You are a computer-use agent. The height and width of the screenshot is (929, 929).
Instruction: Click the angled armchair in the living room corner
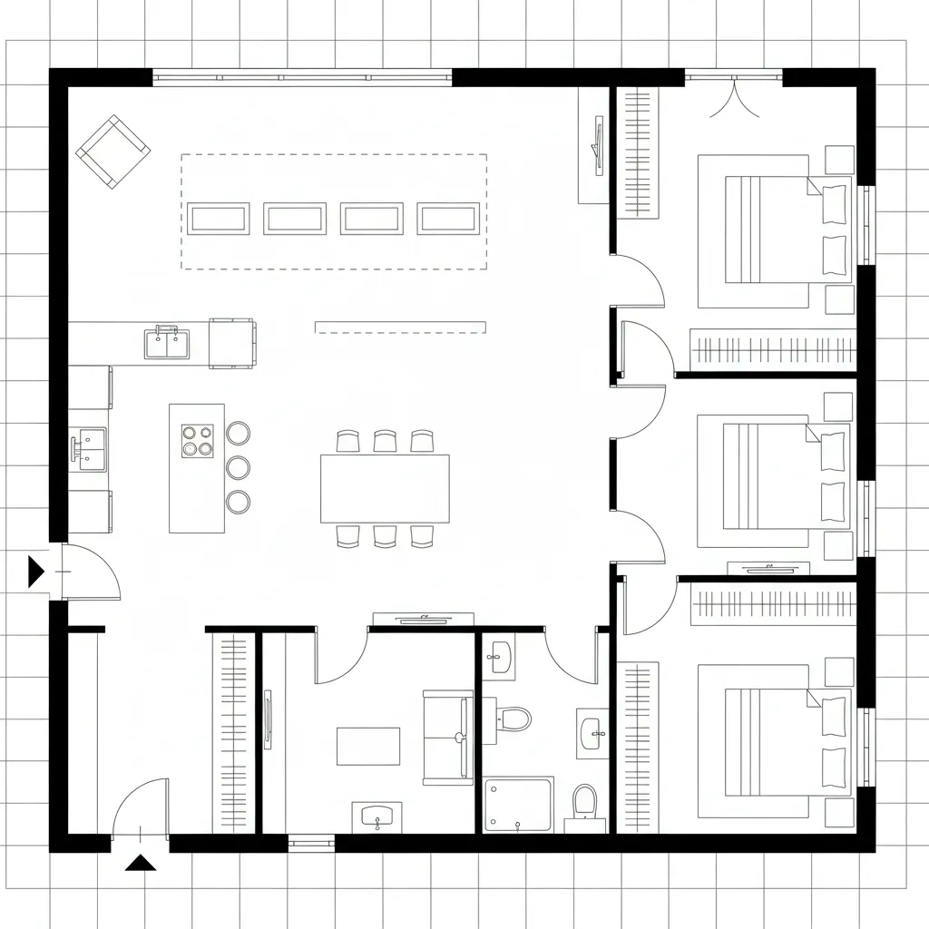112,152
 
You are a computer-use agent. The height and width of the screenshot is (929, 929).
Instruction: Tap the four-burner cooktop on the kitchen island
197,441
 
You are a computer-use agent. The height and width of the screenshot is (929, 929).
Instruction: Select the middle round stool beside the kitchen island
238,467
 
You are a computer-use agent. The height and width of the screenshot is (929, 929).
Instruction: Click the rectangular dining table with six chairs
385,488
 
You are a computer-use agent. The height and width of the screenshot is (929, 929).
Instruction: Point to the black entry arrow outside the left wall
35,572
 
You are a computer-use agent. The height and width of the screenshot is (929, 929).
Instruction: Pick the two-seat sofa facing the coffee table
448,737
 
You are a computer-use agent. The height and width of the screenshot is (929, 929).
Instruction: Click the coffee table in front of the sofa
368,746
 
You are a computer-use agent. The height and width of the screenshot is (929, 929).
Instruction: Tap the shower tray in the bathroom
518,804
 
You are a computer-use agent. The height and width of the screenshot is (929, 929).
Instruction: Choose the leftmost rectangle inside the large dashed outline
219,219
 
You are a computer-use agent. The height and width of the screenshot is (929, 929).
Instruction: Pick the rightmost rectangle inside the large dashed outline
448,219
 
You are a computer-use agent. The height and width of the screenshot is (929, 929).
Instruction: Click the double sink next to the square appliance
167,344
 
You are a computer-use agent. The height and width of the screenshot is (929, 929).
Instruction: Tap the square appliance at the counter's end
231,343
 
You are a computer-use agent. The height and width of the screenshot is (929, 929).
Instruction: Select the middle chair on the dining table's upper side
385,442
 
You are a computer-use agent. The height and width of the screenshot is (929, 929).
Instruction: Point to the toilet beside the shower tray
585,802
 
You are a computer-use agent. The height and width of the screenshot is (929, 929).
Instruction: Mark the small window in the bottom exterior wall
311,844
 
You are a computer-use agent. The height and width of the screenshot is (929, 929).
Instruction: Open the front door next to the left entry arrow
89,572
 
